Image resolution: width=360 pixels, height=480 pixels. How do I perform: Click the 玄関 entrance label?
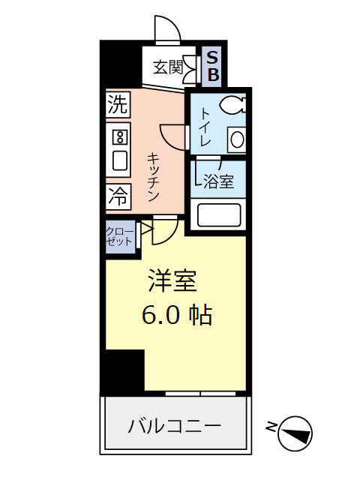[169, 67]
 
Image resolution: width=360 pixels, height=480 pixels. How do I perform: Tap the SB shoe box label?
[213, 66]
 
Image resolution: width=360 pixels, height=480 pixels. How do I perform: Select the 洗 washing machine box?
[117, 104]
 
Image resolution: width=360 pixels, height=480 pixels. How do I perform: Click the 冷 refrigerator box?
[118, 196]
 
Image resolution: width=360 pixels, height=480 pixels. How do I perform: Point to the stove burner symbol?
[118, 136]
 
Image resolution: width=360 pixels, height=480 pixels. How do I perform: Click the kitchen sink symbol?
[118, 160]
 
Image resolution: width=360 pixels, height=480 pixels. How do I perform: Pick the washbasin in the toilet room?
[236, 139]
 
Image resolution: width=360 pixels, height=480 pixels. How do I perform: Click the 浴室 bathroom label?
[218, 181]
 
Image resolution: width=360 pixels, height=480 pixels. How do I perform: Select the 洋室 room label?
[171, 281]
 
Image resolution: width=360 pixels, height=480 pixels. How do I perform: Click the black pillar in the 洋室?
[124, 370]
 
